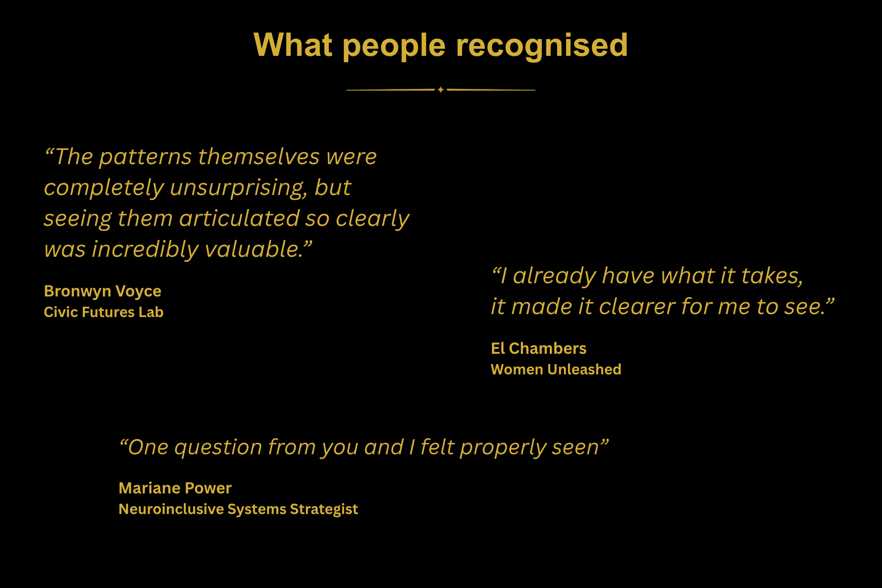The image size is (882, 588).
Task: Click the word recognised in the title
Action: pos(542,46)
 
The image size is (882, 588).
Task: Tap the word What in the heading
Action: pos(293,45)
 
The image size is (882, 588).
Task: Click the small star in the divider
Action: pos(441,90)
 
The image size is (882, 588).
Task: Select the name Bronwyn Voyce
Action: pos(102,291)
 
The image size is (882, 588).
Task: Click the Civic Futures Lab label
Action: pos(103,312)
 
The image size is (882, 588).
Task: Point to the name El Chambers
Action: pos(539,348)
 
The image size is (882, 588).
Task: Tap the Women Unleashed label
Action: pos(556,369)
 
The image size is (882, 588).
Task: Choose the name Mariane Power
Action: pos(175,488)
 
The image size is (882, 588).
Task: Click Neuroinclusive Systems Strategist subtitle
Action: pos(238,509)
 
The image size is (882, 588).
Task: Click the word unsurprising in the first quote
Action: pos(238,188)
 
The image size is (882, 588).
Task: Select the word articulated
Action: pos(239,219)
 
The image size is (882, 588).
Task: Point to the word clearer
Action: pos(637,307)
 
